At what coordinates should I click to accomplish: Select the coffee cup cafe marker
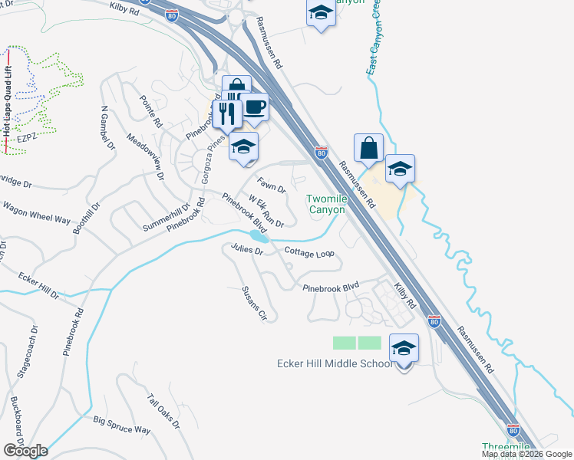click(x=254, y=107)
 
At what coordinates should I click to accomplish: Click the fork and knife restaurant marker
click(x=227, y=114)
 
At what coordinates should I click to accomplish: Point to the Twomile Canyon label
click(x=328, y=204)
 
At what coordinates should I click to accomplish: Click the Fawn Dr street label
click(x=272, y=186)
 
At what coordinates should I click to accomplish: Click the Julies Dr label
click(x=247, y=249)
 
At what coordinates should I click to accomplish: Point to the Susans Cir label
click(x=254, y=304)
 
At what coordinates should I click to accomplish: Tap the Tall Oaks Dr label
click(x=163, y=412)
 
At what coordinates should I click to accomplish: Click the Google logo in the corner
click(x=25, y=450)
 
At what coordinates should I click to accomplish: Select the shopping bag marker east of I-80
click(x=368, y=149)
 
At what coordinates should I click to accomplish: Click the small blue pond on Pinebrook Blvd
click(x=259, y=237)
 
